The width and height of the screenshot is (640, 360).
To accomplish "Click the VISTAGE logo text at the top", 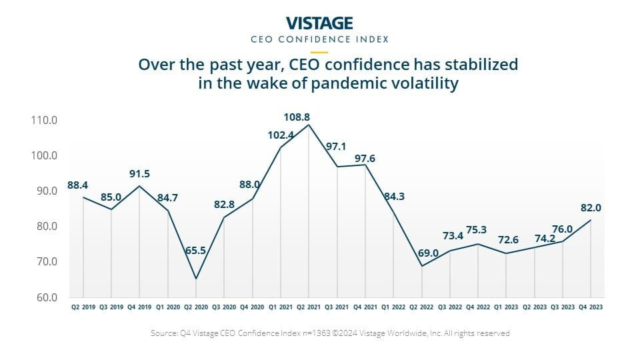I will (x=319, y=23).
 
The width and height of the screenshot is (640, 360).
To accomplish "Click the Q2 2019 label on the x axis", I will (x=83, y=308).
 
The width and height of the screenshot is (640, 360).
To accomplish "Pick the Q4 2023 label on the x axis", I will (x=591, y=308).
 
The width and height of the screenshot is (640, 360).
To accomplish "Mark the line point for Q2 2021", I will (x=309, y=125).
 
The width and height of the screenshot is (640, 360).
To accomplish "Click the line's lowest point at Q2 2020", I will (x=196, y=279).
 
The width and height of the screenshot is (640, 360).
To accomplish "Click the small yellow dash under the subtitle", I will (x=319, y=51).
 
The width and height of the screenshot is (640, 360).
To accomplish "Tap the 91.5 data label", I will (x=140, y=174).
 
